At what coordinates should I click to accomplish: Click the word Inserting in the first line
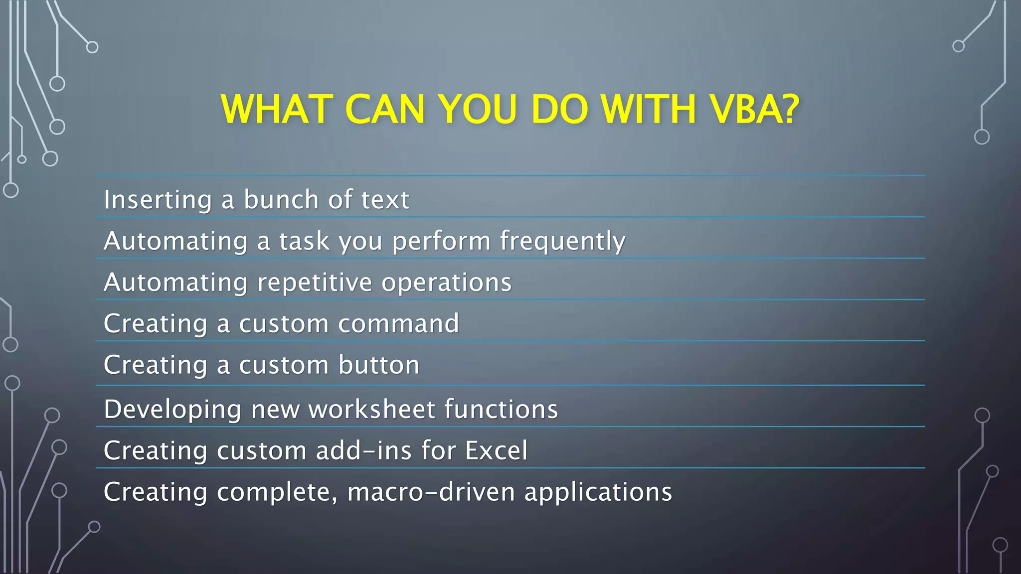tap(158, 200)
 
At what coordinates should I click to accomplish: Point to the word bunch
tap(281, 200)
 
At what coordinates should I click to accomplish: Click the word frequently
tap(562, 242)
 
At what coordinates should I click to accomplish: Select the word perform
tap(441, 242)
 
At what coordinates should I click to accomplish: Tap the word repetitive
tap(315, 283)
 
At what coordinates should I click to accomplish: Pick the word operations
tap(446, 283)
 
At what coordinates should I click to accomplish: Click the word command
tap(398, 324)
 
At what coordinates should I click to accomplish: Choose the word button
tap(379, 365)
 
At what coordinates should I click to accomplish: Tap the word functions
tap(501, 410)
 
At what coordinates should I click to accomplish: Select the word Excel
tap(496, 451)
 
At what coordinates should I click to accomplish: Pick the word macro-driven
tap(431, 492)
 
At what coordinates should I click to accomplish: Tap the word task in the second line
tap(304, 242)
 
